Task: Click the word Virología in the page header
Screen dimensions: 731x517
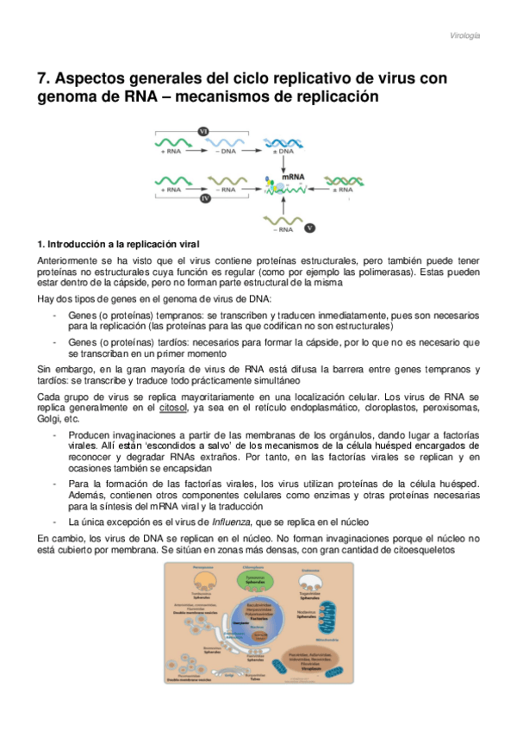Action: point(465,35)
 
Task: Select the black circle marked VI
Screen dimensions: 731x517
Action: point(204,131)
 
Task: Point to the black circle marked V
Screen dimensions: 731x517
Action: point(310,228)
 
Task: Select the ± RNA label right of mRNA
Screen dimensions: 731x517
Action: point(342,187)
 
